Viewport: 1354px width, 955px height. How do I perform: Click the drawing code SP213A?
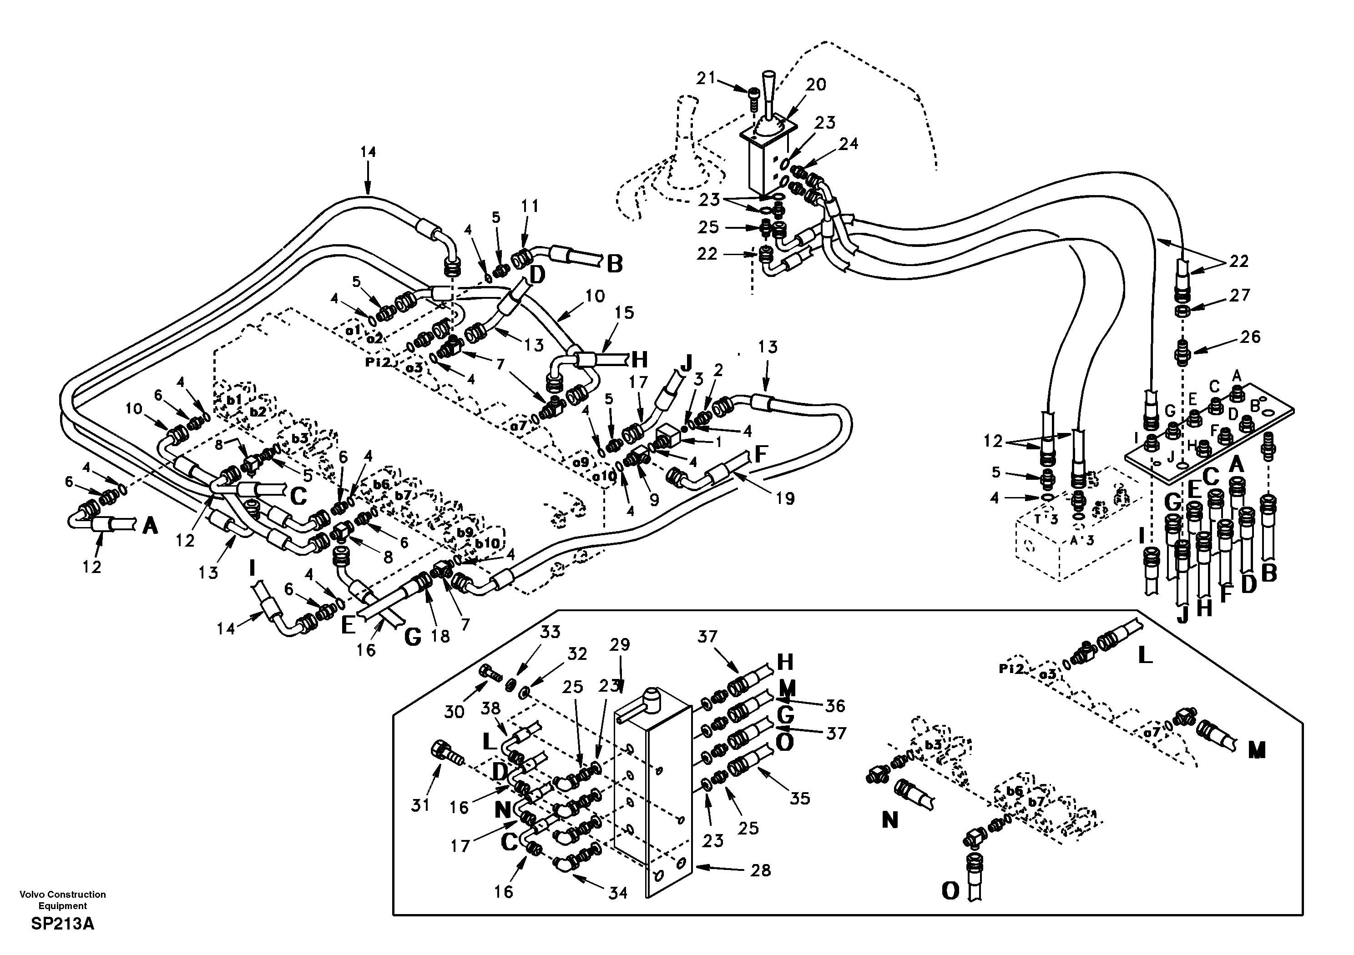coord(62,924)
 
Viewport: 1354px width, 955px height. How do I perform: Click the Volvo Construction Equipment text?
coord(62,900)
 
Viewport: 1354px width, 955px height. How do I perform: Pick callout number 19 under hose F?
coord(785,499)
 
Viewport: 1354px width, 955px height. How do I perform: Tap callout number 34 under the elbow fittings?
coord(617,893)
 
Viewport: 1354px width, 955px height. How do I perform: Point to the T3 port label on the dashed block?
coord(1046,519)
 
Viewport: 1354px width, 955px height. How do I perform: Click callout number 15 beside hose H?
coord(625,312)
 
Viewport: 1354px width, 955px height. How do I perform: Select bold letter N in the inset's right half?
coord(889,819)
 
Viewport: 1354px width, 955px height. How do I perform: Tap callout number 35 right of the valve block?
coord(800,799)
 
